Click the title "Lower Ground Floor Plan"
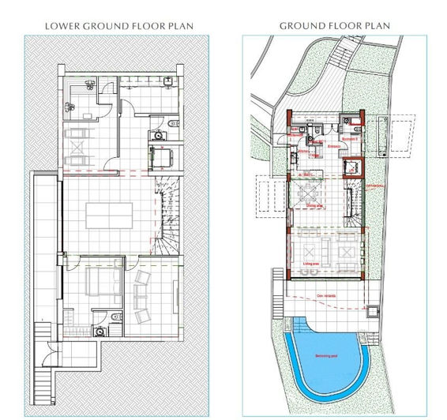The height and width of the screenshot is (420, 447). coord(119,26)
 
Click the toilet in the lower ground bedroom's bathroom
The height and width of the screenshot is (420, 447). coord(115,317)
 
